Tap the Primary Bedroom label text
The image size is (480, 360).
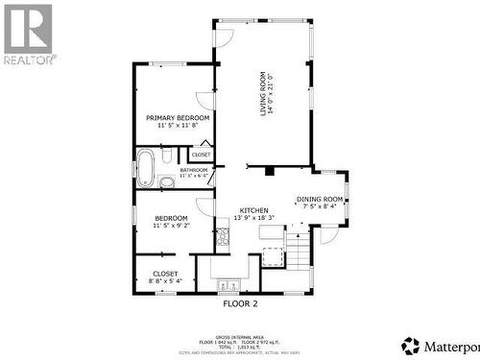tap(178, 118)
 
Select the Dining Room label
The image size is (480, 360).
tap(319, 199)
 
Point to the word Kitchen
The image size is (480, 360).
tap(253, 210)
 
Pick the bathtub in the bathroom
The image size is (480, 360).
tap(146, 168)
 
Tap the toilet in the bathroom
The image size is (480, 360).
tap(167, 155)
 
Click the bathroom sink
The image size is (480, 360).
tap(166, 181)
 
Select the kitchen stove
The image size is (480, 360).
tap(223, 236)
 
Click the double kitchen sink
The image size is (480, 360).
tap(229, 284)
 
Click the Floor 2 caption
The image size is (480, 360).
tap(240, 302)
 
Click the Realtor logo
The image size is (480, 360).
tap(28, 33)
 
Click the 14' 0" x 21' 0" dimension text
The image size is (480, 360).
tap(271, 93)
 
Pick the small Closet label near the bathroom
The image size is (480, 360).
tap(201, 155)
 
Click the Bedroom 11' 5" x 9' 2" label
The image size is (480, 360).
tap(172, 221)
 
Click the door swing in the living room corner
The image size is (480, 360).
tap(224, 37)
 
